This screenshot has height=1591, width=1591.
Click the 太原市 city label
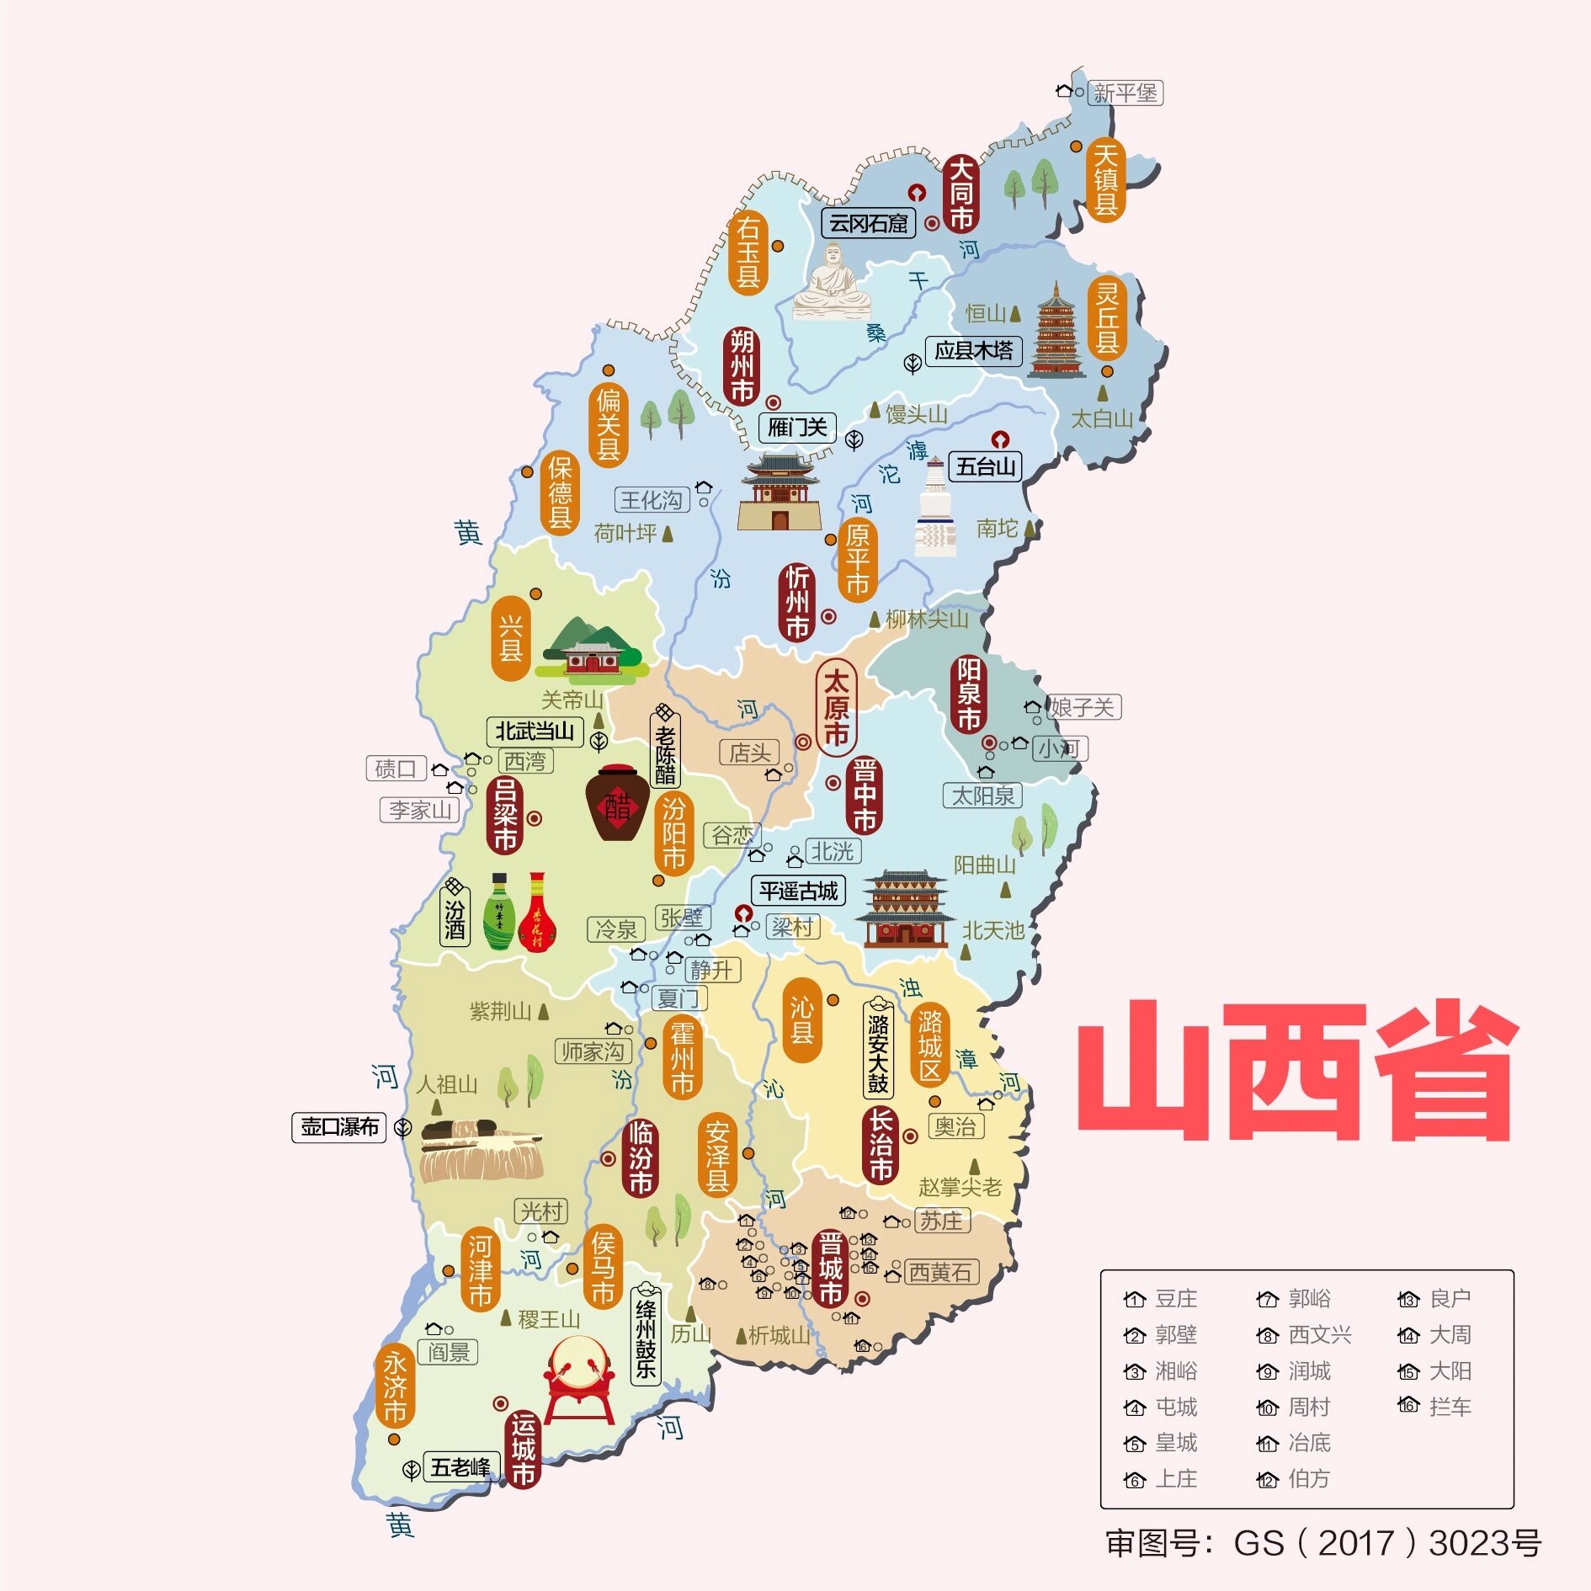835,707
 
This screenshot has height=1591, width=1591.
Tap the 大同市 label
960,194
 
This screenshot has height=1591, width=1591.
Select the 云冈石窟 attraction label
868,223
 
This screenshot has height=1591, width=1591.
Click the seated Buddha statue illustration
832,283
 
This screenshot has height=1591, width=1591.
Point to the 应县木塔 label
973,350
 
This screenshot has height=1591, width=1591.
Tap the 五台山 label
985,466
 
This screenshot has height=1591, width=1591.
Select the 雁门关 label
797,428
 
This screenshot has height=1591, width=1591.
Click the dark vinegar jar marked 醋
617,803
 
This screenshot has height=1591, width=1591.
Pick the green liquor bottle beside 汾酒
500,913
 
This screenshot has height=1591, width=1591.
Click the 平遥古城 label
798,891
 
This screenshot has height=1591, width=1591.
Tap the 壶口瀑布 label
339,1126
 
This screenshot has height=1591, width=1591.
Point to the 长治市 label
880,1145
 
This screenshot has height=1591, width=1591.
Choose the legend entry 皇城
1175,1443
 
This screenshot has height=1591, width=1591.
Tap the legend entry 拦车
1449,1407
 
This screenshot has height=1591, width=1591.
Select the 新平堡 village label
1125,93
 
